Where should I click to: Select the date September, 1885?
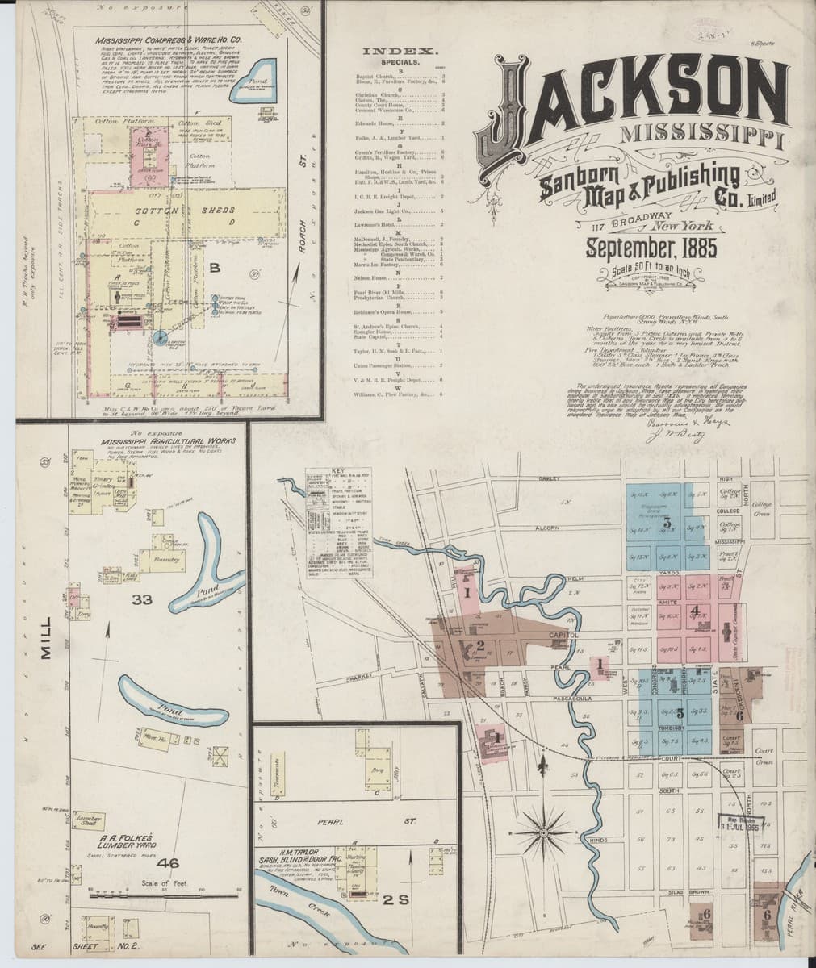coord(652,247)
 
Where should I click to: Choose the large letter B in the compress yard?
coord(215,267)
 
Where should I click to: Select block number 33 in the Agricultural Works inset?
coord(142,599)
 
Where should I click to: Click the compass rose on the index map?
coord(542,830)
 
